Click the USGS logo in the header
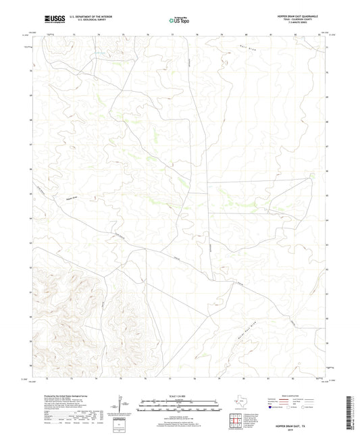point(52,18)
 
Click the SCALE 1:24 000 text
point(180,396)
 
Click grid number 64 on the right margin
point(327,219)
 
